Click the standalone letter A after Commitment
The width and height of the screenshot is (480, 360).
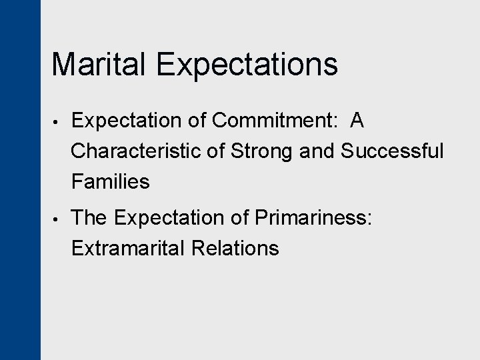click(357, 121)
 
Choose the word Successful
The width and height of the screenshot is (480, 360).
click(392, 151)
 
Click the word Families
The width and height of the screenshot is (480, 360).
click(110, 181)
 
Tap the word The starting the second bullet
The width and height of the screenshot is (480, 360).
click(90, 217)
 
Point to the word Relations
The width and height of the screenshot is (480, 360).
click(235, 248)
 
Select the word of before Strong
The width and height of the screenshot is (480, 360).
click(216, 151)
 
